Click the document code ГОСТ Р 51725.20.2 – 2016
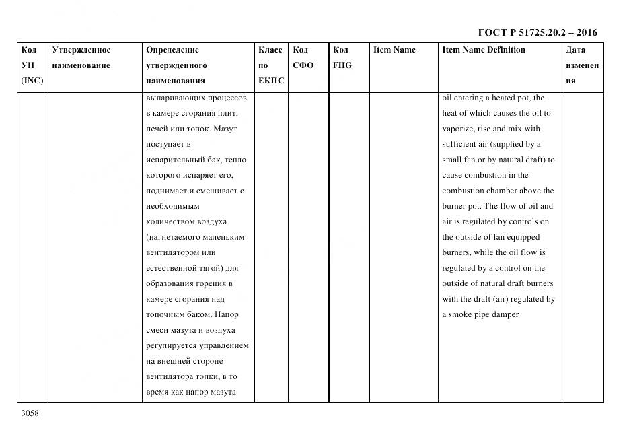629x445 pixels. [x=537, y=32]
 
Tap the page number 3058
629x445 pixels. [x=30, y=413]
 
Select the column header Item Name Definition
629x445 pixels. [x=483, y=50]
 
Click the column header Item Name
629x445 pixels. [x=394, y=50]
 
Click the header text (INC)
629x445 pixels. [x=32, y=81]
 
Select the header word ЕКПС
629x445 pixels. [x=271, y=81]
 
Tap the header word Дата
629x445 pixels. [x=575, y=50]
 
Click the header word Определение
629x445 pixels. [x=172, y=50]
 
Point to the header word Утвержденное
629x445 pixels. [x=81, y=50]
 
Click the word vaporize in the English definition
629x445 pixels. [x=458, y=129]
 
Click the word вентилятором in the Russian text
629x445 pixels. [x=172, y=252]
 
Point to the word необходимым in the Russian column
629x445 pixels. [x=172, y=206]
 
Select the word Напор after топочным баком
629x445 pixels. [x=225, y=314]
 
